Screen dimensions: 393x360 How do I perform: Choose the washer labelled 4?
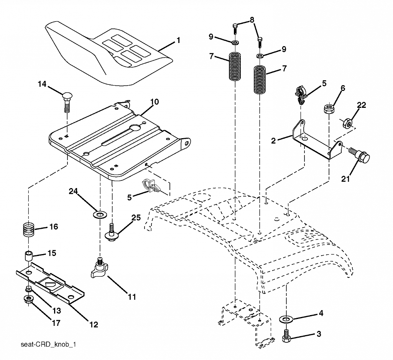click(x=285, y=319)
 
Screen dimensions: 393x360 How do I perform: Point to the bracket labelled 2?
click(x=317, y=140)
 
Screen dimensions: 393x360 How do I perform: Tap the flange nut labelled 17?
click(x=28, y=299)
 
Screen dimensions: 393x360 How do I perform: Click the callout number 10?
click(x=155, y=102)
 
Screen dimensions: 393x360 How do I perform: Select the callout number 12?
click(x=94, y=325)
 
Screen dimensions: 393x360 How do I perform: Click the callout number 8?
click(x=252, y=20)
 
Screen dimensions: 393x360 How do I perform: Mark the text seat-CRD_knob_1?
click(x=48, y=344)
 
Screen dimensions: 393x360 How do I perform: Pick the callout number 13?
click(x=57, y=310)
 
